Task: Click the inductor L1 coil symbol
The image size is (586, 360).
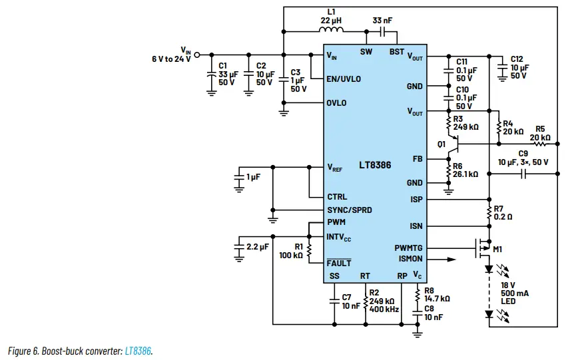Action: point(331,30)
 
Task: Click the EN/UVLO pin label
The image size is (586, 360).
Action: point(344,79)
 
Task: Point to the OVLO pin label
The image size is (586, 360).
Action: point(336,103)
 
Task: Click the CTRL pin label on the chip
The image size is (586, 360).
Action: point(337,197)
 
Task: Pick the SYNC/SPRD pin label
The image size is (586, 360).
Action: point(349,210)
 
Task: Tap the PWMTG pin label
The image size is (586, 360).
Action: point(408,248)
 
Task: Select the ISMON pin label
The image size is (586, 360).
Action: point(410,259)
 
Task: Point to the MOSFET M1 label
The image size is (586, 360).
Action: point(496,249)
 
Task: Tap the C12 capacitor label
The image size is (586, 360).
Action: point(517,59)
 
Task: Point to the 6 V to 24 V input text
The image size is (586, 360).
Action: point(171,59)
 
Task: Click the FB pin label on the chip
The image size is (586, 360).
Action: point(418,159)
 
